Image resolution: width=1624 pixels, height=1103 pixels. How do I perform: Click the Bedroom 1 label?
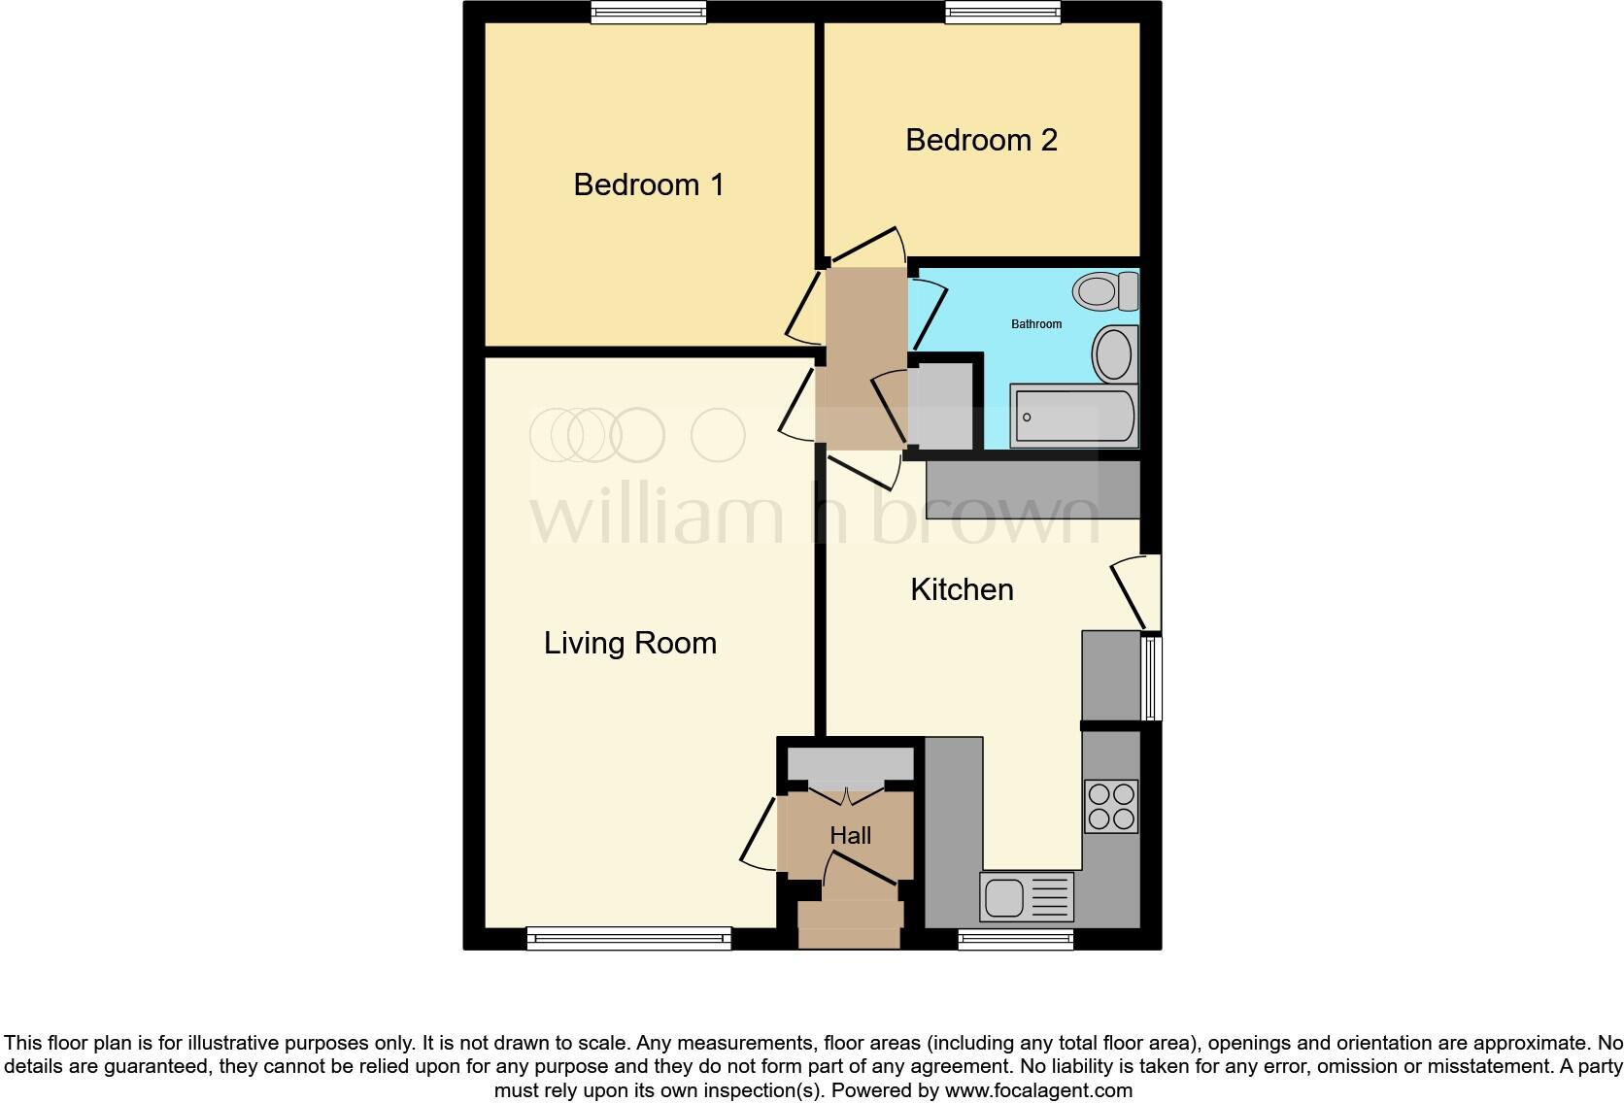tap(649, 184)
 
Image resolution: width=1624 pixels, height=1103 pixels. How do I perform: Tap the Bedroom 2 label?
tap(981, 140)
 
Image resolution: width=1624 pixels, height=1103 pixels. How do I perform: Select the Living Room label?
tap(629, 643)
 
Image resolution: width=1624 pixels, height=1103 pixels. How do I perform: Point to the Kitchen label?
tap(962, 589)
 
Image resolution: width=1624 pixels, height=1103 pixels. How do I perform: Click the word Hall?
tap(850, 835)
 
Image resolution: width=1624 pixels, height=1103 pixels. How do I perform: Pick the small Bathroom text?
tap(1036, 324)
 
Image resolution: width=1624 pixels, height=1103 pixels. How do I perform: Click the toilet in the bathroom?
tap(1105, 290)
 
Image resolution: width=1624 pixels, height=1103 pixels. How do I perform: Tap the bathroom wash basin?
tap(1114, 354)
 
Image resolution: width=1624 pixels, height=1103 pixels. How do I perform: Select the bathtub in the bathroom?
tap(1072, 417)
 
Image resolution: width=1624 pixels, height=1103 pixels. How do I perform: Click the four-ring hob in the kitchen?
tap(1111, 806)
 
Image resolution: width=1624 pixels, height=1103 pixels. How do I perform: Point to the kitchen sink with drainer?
tap(1027, 896)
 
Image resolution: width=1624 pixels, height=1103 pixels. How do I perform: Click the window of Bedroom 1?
tap(649, 12)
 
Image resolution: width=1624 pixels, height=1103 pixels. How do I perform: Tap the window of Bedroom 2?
tap(1002, 12)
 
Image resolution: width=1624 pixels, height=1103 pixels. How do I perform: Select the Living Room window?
tap(628, 938)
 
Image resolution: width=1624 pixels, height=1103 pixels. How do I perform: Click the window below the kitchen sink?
tap(1015, 938)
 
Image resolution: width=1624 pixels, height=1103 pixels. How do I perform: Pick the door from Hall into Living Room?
tap(758, 831)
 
